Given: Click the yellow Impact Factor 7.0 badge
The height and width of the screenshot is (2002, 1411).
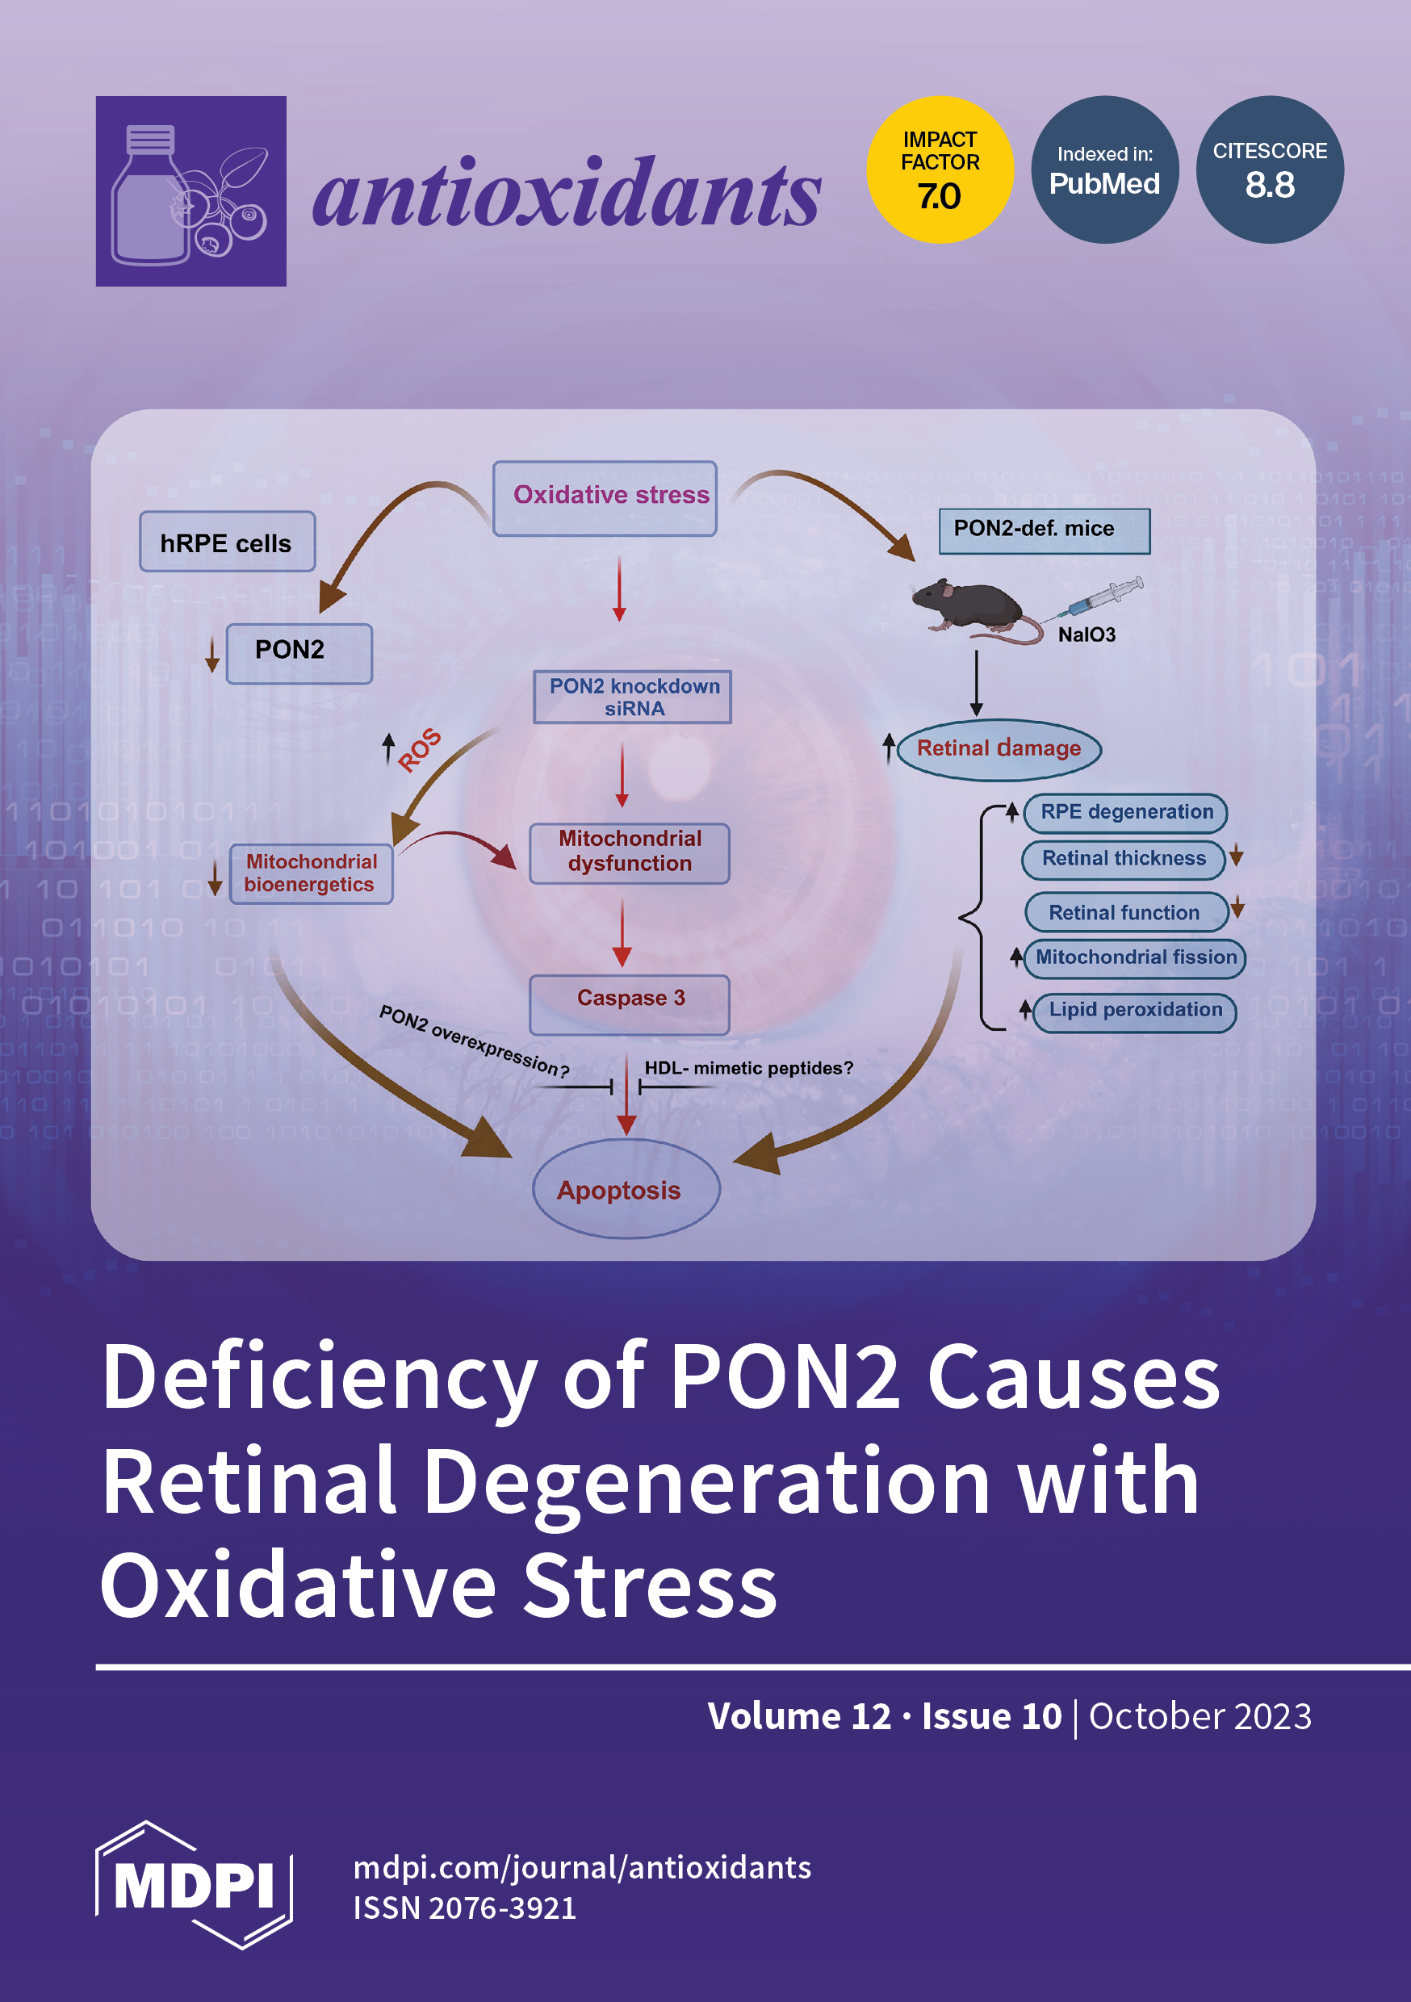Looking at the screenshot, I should [x=940, y=170].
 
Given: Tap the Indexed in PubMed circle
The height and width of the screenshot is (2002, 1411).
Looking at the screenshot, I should [x=1104, y=170].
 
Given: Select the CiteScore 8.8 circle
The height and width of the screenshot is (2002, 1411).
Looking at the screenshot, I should [x=1270, y=170].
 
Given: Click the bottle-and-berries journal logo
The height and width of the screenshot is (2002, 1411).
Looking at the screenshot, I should [x=191, y=191].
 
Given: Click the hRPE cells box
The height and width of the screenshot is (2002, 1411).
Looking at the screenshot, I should [x=227, y=542].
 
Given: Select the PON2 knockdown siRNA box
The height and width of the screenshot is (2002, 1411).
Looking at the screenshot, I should [x=632, y=697].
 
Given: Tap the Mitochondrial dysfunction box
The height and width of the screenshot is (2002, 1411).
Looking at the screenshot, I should [x=629, y=852].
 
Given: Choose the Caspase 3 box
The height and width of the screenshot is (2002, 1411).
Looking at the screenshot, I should [x=629, y=1003].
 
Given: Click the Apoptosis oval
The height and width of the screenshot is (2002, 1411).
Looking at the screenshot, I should [x=626, y=1188].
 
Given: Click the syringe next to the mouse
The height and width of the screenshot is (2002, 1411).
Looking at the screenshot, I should [x=1101, y=597].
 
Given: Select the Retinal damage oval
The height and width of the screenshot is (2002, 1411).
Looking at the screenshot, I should [x=999, y=748].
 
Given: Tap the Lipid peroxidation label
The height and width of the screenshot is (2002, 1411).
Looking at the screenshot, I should [x=1135, y=1011].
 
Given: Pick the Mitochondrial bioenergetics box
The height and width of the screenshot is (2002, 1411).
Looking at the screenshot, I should [x=311, y=873].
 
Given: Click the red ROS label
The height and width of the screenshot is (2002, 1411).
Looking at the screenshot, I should [x=420, y=750].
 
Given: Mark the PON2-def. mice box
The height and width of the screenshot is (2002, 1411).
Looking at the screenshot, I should [x=1044, y=530].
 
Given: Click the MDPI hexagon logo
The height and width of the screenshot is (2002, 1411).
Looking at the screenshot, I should [x=194, y=1885].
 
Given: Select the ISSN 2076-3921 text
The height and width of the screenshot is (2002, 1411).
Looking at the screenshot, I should [x=464, y=1908].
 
